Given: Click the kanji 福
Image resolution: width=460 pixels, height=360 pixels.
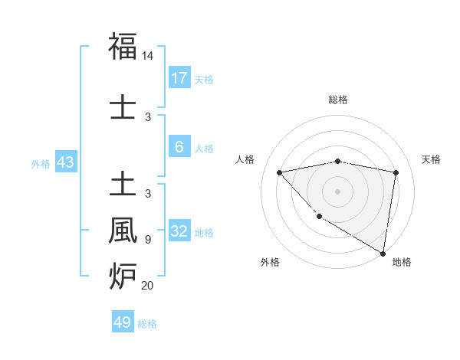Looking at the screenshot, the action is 123,47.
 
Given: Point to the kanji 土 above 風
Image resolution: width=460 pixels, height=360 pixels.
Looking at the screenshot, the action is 123,185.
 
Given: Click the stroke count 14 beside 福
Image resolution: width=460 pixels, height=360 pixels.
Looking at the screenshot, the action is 148,57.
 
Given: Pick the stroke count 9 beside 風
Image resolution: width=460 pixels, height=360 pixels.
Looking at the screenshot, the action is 148,240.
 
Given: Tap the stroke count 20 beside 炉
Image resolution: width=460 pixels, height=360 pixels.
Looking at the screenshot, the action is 148,286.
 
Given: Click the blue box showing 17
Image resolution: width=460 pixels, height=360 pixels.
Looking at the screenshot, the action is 179,78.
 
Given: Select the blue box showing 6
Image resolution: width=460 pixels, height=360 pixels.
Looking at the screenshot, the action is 179,147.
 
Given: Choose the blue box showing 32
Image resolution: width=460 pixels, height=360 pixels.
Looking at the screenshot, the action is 179,231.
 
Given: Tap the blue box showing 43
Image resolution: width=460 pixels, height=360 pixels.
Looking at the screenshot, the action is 65,162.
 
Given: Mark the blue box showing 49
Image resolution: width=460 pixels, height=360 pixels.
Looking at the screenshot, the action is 123,322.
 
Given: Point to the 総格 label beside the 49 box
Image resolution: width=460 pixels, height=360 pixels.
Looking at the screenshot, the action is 147,323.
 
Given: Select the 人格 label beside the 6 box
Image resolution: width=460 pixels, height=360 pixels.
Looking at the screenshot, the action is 204,148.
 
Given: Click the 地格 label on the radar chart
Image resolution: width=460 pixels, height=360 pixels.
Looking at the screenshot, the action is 402,262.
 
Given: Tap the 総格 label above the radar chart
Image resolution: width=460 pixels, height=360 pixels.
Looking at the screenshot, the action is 338,100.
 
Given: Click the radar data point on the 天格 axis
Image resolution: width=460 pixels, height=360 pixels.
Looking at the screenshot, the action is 396,172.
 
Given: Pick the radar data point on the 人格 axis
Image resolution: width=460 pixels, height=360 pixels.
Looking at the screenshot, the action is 279,172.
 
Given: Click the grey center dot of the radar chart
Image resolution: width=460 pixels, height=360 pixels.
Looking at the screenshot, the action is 338,191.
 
